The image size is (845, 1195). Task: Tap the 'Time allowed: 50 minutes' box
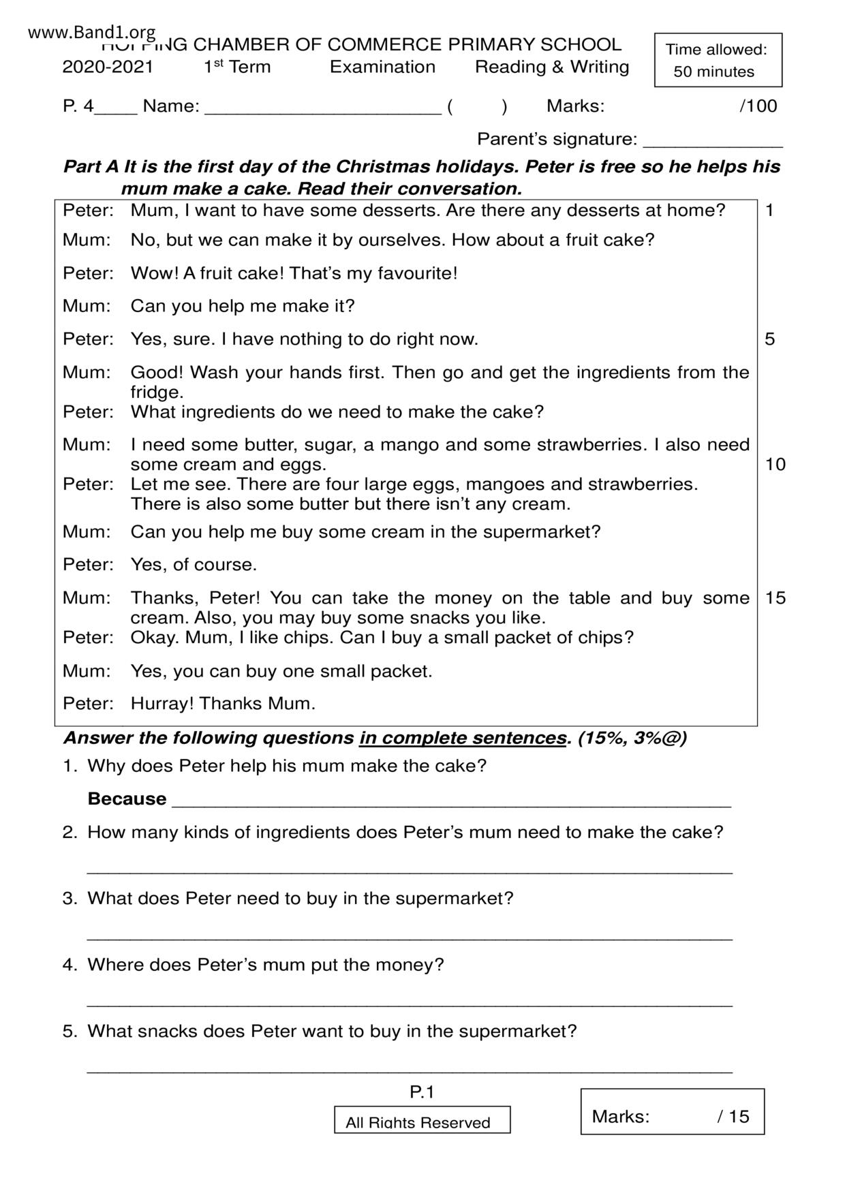(x=718, y=60)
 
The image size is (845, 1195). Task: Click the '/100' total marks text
(x=758, y=106)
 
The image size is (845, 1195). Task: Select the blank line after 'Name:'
(x=322, y=109)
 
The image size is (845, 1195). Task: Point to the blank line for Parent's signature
(x=712, y=142)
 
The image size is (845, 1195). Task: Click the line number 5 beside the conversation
(x=769, y=339)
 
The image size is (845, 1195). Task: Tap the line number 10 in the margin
(x=775, y=465)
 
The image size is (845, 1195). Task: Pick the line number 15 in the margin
(x=775, y=598)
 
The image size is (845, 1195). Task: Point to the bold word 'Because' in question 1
(x=127, y=798)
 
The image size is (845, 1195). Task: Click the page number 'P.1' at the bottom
(x=422, y=1093)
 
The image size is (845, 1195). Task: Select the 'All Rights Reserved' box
(x=422, y=1121)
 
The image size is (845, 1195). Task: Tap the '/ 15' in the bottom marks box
(x=733, y=1116)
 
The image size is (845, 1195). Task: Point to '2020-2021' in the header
(x=108, y=67)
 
